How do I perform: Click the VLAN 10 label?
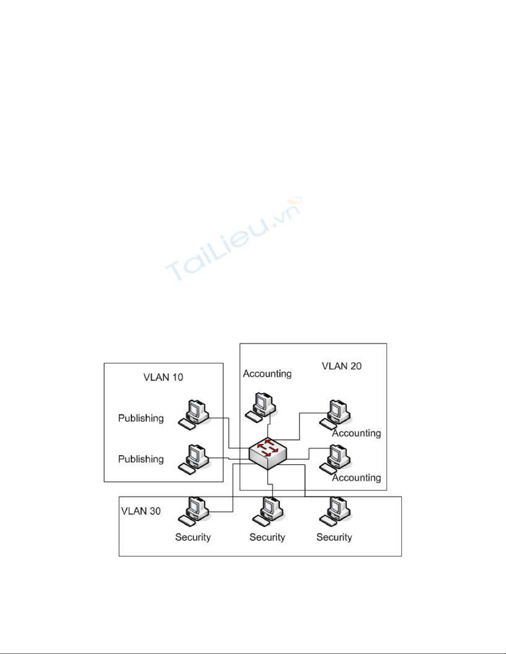point(163,377)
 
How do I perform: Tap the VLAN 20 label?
point(342,366)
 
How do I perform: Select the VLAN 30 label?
point(141,511)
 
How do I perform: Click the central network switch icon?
point(268,453)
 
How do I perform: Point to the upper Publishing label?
point(141,418)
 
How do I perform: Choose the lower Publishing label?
point(141,459)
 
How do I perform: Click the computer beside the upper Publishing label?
point(194,415)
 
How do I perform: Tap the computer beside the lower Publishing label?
point(194,459)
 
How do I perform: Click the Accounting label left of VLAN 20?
point(267,373)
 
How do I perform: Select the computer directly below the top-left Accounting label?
point(261,407)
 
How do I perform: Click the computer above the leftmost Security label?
point(194,512)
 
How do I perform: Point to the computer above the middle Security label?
point(268,512)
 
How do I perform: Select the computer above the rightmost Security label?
point(335,512)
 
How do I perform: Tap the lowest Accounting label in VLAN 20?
point(356,478)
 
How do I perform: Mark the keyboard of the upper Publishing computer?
point(187,424)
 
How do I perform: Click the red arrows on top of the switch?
point(268,448)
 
